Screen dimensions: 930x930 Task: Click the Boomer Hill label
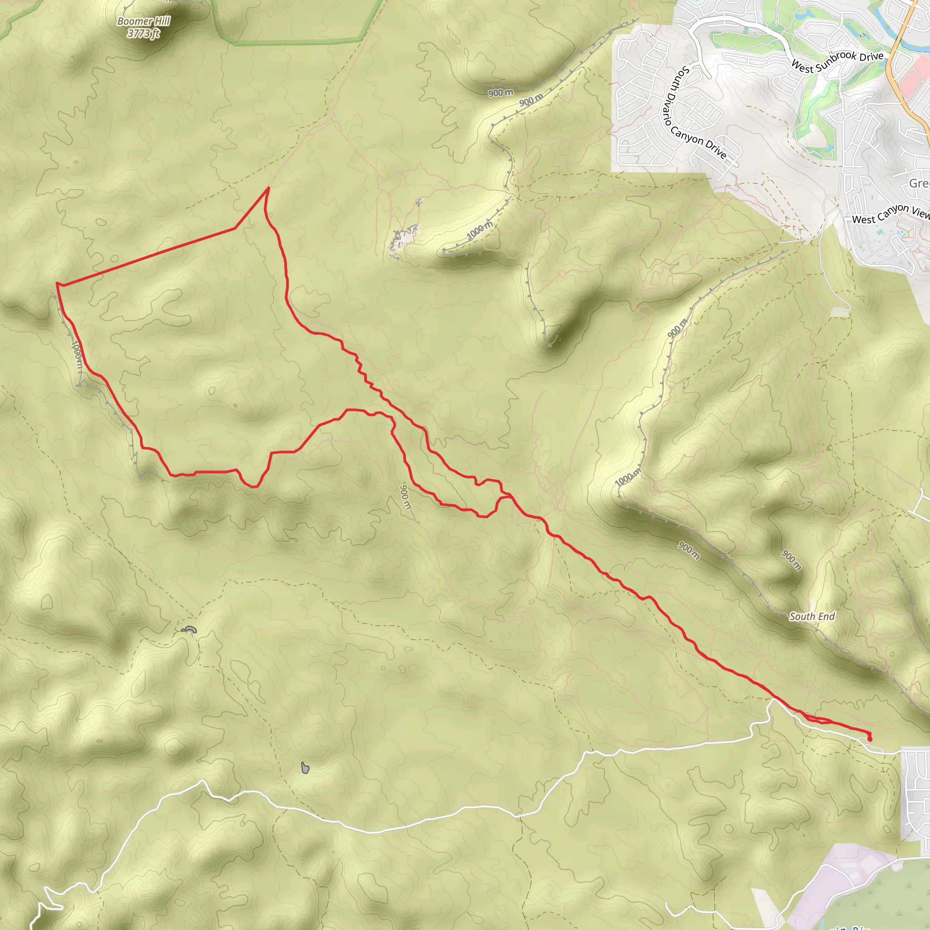click(x=143, y=21)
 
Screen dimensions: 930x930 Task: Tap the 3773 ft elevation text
click(x=143, y=33)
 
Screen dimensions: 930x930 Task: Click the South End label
click(x=812, y=616)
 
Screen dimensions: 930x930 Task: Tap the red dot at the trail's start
click(x=869, y=739)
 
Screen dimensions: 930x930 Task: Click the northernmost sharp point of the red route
click(x=268, y=188)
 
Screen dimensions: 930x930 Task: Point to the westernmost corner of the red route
click(x=57, y=284)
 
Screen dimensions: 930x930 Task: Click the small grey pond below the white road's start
click(x=305, y=768)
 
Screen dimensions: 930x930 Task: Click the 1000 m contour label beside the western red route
click(x=77, y=355)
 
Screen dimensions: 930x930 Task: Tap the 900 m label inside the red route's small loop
click(x=406, y=496)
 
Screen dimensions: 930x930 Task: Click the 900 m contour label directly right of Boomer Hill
click(x=500, y=93)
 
